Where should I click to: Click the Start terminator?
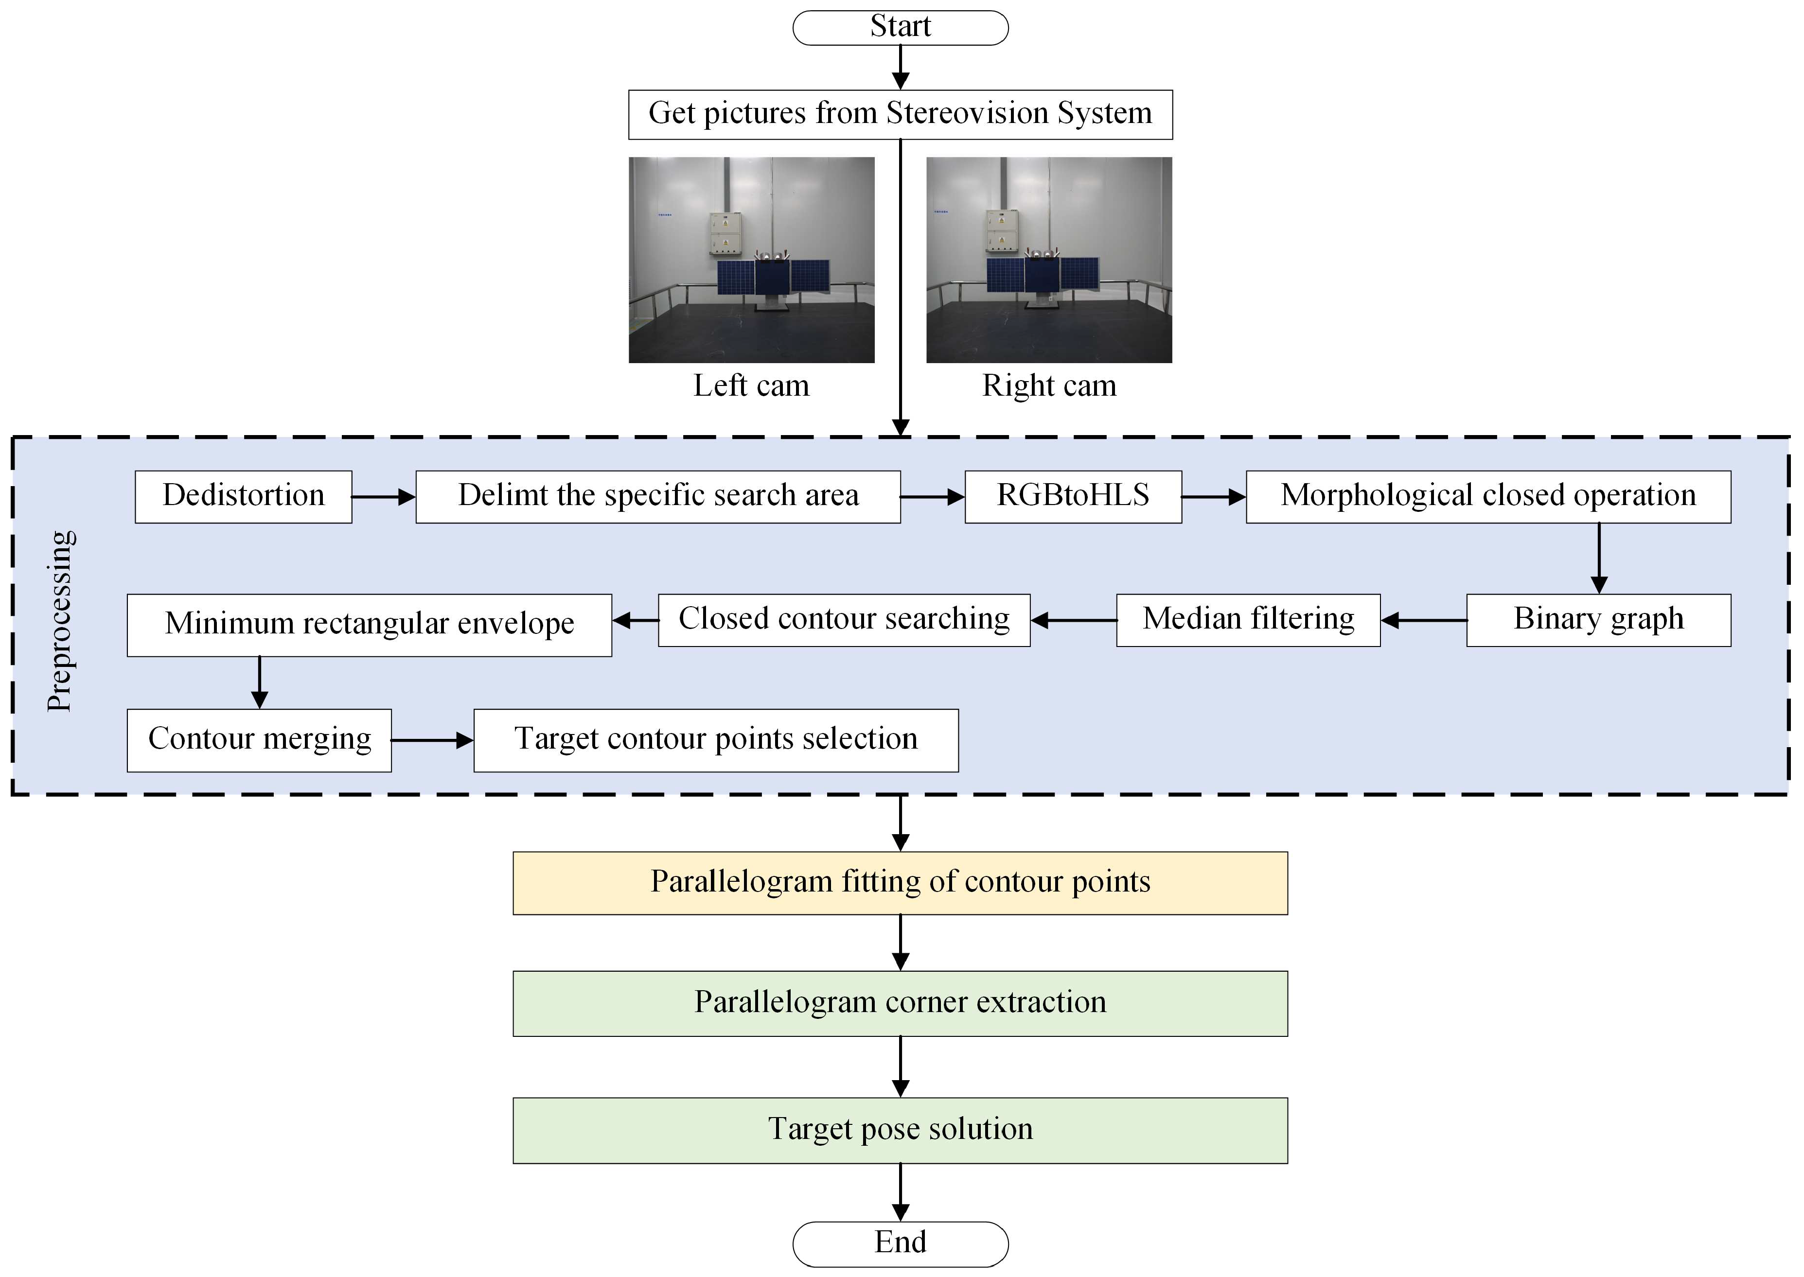click(x=901, y=28)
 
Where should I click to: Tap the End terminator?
click(x=901, y=1242)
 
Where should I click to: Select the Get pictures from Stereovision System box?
click(x=901, y=114)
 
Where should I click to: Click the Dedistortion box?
click(x=243, y=496)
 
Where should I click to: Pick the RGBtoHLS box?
click(x=1073, y=496)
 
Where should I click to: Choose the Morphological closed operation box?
click(x=1488, y=496)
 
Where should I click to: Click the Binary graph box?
click(x=1598, y=620)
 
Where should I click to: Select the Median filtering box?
click(x=1248, y=620)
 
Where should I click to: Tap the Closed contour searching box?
click(x=844, y=620)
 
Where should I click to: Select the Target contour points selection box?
click(x=716, y=740)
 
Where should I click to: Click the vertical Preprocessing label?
click(x=61, y=621)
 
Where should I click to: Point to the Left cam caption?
click(x=751, y=386)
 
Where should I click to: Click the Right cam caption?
click(x=1049, y=386)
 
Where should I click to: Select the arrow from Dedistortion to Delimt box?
click(x=383, y=496)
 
